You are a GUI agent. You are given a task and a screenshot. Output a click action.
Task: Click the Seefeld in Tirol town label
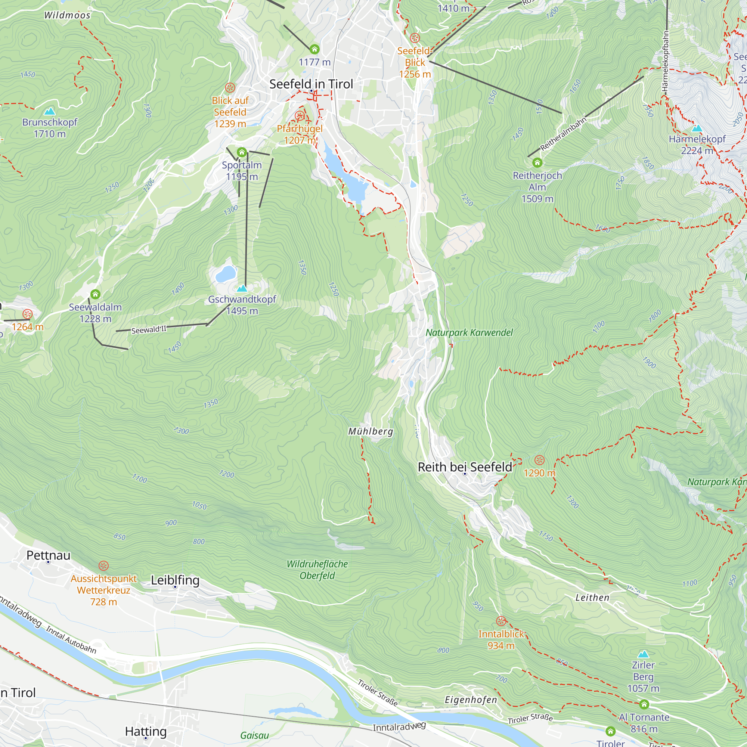(311, 84)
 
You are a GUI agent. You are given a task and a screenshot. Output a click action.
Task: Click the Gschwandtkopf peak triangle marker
(242, 288)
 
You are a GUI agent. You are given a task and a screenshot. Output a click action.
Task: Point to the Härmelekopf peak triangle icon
(697, 128)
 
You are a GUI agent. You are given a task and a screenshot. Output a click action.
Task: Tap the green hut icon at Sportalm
(242, 152)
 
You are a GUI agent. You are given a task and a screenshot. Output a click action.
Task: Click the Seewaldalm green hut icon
(95, 294)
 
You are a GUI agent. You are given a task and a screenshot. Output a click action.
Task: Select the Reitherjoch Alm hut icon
(537, 162)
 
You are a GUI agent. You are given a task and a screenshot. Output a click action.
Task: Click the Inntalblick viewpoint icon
(501, 621)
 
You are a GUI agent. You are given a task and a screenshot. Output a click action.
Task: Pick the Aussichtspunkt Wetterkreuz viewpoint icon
(103, 565)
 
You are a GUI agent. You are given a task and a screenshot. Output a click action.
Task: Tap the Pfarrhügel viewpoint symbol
(299, 116)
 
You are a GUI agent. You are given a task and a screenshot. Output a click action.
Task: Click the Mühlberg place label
(371, 431)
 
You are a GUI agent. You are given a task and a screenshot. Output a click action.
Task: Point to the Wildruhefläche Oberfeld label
(317, 570)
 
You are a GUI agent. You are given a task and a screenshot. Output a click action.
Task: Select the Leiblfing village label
(175, 580)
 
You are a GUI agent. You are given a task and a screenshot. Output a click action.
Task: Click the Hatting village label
(146, 731)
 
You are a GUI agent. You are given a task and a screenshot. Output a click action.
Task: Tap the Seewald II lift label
(149, 329)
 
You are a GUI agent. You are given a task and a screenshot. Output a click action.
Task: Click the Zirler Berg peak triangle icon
(643, 654)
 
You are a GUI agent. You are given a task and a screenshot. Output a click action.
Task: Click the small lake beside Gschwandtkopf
(226, 274)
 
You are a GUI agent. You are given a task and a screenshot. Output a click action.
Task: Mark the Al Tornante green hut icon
(644, 704)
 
